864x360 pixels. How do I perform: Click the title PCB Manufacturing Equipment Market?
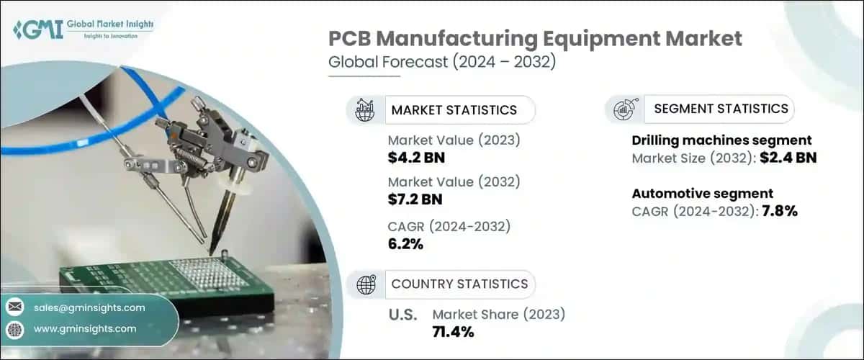(x=535, y=39)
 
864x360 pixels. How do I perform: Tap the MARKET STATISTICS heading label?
(x=454, y=110)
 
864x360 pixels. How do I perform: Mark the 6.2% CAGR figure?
(x=405, y=243)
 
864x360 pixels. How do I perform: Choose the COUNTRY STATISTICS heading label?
(x=459, y=284)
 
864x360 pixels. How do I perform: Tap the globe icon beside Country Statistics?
(x=366, y=284)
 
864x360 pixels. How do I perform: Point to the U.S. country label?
(x=402, y=314)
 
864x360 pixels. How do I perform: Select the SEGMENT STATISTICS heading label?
(x=721, y=109)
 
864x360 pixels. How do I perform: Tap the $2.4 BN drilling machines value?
(x=789, y=157)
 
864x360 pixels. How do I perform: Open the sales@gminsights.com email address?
(x=90, y=307)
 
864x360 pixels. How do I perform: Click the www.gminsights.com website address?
(x=85, y=328)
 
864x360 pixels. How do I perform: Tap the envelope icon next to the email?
(x=14, y=307)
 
